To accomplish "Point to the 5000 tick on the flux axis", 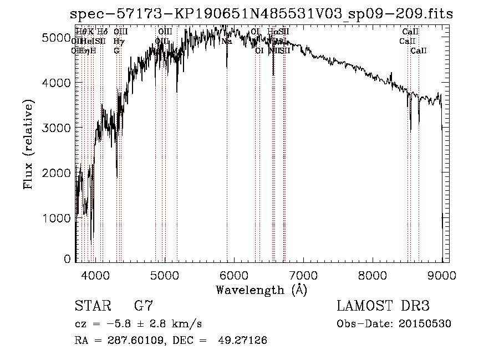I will click(x=57, y=38).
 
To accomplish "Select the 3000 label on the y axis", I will click(x=57, y=128).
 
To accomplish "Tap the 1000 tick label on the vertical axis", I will click(x=57, y=218).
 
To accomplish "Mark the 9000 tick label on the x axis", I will click(x=441, y=275).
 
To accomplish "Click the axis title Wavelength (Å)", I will click(x=261, y=290).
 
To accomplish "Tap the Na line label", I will click(x=226, y=41).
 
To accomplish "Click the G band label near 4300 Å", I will click(x=116, y=50).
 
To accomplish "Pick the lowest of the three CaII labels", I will click(x=419, y=50).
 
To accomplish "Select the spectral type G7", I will click(x=143, y=306).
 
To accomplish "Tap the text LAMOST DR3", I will click(x=383, y=306).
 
